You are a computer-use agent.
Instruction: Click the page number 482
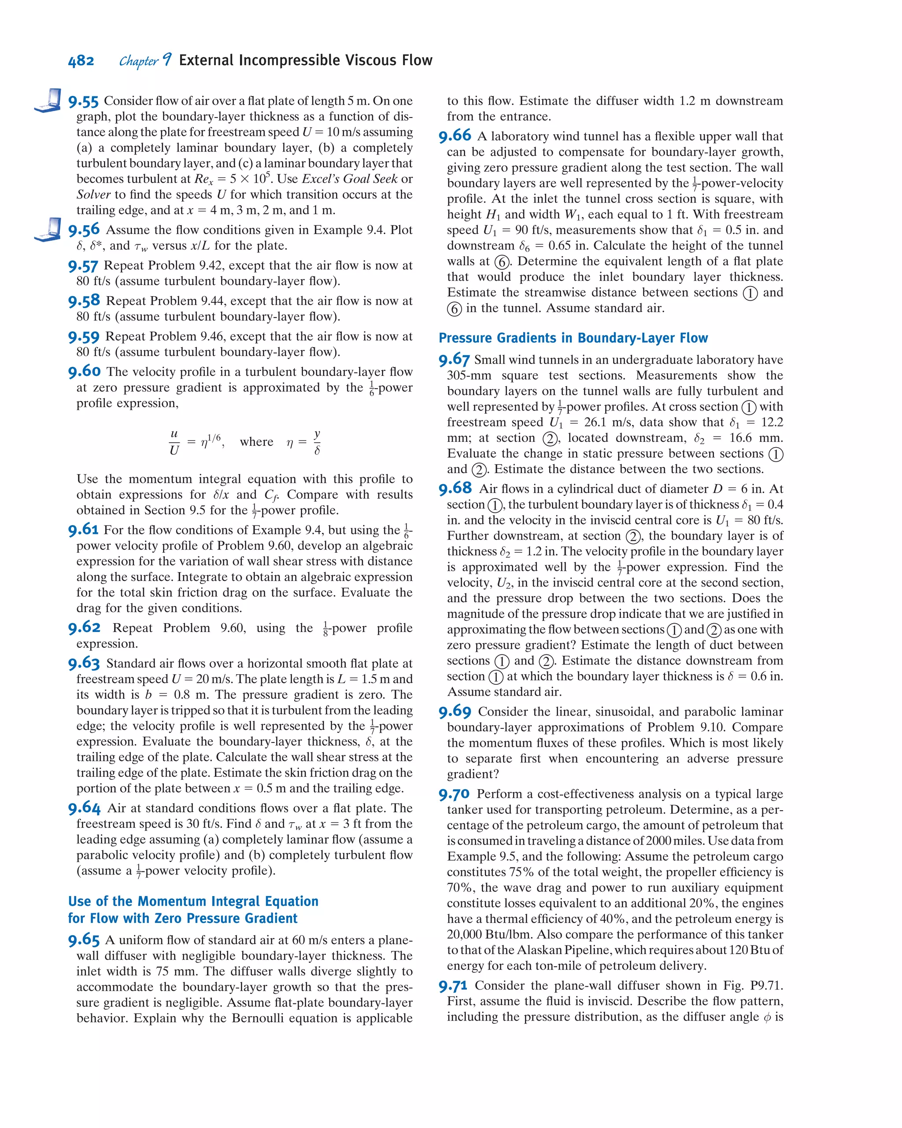point(81,61)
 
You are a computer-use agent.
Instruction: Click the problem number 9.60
point(84,371)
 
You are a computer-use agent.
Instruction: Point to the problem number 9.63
point(84,663)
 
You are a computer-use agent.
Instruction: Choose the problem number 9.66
point(455,136)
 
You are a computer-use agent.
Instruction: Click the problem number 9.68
point(455,489)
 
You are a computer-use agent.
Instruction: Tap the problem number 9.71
point(453,986)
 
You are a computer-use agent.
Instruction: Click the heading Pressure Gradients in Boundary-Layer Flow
point(573,338)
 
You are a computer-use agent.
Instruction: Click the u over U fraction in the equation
point(174,442)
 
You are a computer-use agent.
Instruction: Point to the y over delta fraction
point(317,442)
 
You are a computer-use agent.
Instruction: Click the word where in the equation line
point(256,442)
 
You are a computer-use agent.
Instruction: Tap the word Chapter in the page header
point(138,61)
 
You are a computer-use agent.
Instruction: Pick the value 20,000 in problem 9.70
point(467,934)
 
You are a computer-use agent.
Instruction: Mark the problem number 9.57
point(83,266)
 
